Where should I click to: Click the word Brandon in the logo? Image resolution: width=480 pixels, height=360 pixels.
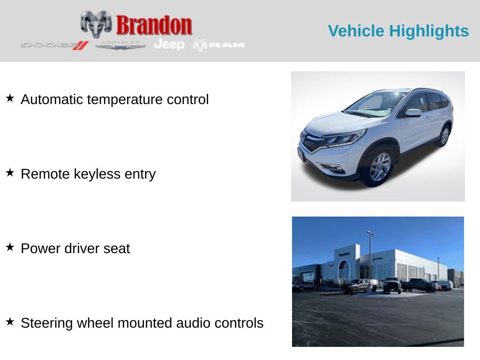154,25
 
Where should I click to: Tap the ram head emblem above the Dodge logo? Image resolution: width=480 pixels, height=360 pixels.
96,23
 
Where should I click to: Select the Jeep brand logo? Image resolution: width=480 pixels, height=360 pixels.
169,44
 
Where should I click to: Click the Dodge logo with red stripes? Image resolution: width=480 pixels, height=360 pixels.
54,45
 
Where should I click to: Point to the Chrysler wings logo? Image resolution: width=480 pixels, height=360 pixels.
120,45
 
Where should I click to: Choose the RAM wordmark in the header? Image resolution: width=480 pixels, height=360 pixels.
226,45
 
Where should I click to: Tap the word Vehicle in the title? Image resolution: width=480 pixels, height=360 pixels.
356,31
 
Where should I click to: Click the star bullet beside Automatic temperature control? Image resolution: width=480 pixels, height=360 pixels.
10,98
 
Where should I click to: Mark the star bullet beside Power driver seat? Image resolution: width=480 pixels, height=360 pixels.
10,247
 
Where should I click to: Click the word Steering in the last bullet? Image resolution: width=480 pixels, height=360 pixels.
47,323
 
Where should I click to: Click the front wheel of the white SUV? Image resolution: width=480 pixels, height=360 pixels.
380,167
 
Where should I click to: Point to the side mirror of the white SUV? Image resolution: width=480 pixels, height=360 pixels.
413,113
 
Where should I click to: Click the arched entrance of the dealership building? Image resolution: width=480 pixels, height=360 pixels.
345,271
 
